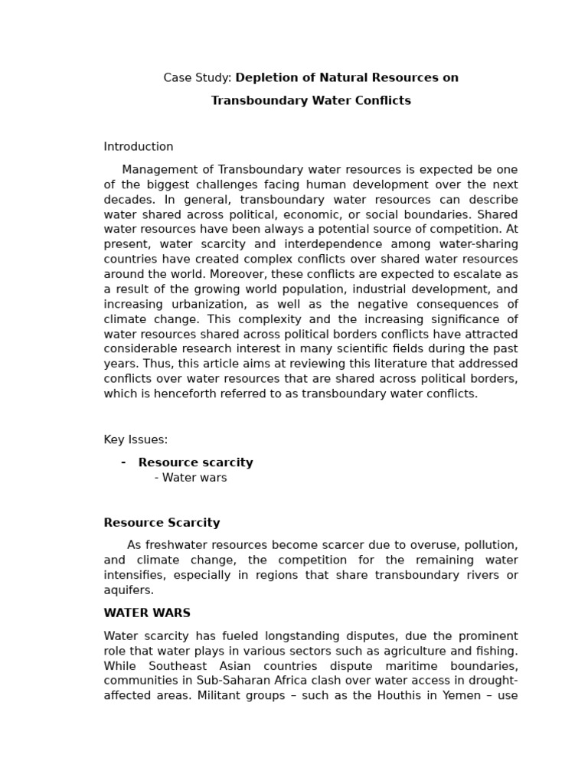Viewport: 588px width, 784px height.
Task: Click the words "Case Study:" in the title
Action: point(197,78)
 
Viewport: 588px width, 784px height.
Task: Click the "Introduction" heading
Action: point(139,147)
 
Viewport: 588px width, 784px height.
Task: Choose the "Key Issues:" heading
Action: point(136,440)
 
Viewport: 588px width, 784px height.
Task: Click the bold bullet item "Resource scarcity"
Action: point(195,463)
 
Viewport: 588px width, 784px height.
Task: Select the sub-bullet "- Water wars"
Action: point(191,479)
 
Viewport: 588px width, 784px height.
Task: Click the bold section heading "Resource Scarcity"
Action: point(162,524)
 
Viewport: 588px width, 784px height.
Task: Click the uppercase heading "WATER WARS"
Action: point(147,614)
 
